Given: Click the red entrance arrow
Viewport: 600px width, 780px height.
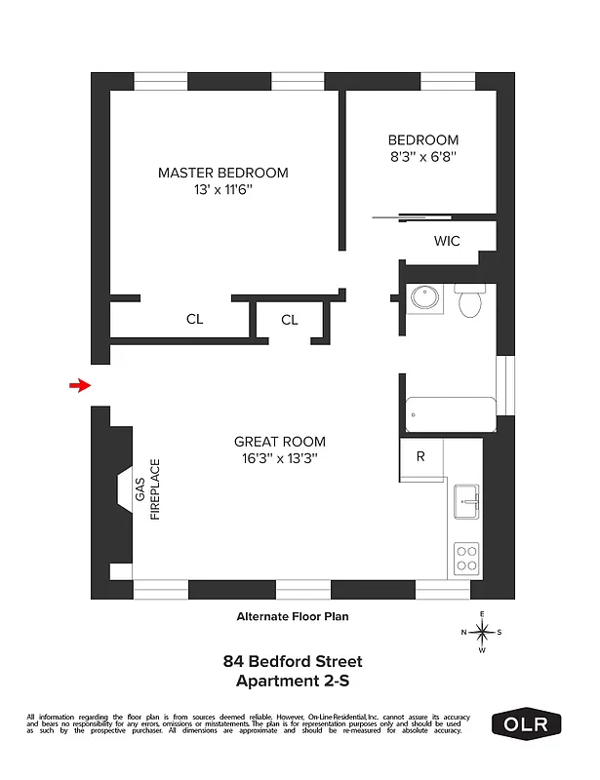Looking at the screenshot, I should (x=79, y=386).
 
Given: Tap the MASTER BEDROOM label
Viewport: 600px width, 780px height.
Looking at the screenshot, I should (x=223, y=173).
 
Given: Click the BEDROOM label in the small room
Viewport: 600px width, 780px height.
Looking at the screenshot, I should (x=422, y=139).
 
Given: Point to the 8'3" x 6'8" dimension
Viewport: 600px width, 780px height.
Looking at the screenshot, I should (x=422, y=156).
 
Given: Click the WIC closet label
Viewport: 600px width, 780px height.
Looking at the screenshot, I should (x=447, y=240).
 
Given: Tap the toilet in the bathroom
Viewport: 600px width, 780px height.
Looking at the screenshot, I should (x=470, y=301).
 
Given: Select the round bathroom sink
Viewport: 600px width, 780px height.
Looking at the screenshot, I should (x=424, y=297).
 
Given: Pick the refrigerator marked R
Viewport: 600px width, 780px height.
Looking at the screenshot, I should (x=420, y=456).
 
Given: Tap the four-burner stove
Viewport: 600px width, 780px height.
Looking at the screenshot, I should (x=466, y=559).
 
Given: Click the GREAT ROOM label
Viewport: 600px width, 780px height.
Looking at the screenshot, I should (x=280, y=441).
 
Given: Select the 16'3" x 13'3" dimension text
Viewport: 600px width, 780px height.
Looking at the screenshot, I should (x=280, y=458).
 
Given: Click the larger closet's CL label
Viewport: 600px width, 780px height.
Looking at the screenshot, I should (x=194, y=319).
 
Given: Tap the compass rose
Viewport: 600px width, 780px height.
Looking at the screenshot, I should (x=482, y=632).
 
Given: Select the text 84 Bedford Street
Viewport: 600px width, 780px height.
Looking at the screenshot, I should (x=293, y=661).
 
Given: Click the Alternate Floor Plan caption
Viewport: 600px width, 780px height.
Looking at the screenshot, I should (x=293, y=616).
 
